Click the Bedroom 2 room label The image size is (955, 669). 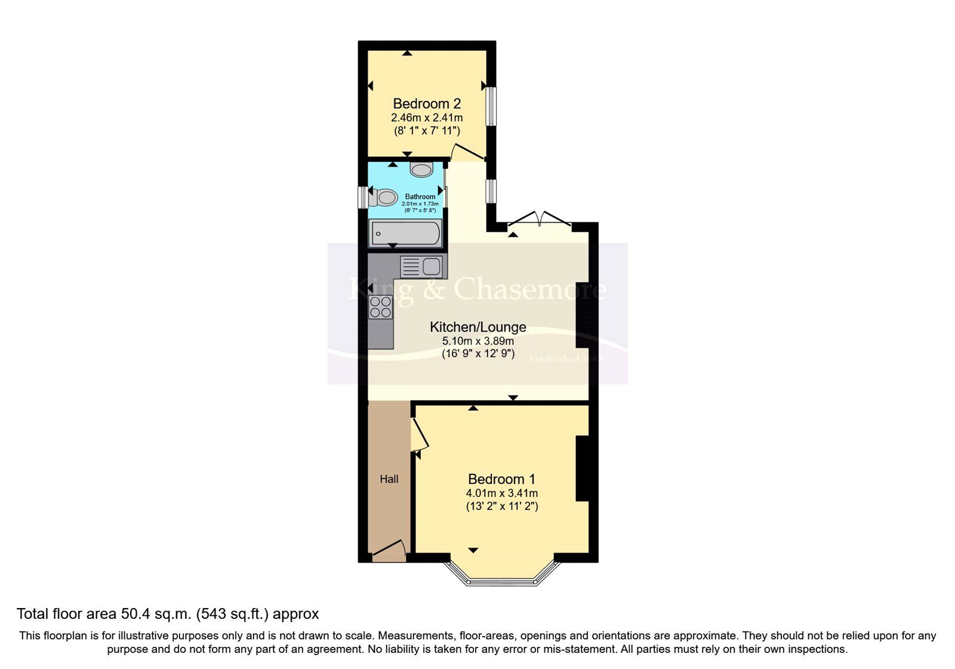point(426,103)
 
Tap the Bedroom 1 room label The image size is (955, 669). point(501,479)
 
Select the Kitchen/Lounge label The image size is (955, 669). point(478,327)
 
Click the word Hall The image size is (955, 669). point(389,479)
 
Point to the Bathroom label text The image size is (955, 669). point(420,197)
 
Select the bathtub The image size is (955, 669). point(405,233)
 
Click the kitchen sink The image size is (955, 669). point(421,266)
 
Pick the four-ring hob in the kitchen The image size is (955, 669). point(380,306)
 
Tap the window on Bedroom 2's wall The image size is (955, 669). point(491,106)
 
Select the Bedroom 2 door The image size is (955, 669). point(467,152)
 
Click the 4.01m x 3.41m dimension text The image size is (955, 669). point(501,493)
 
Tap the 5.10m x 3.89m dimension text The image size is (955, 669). point(478,341)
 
